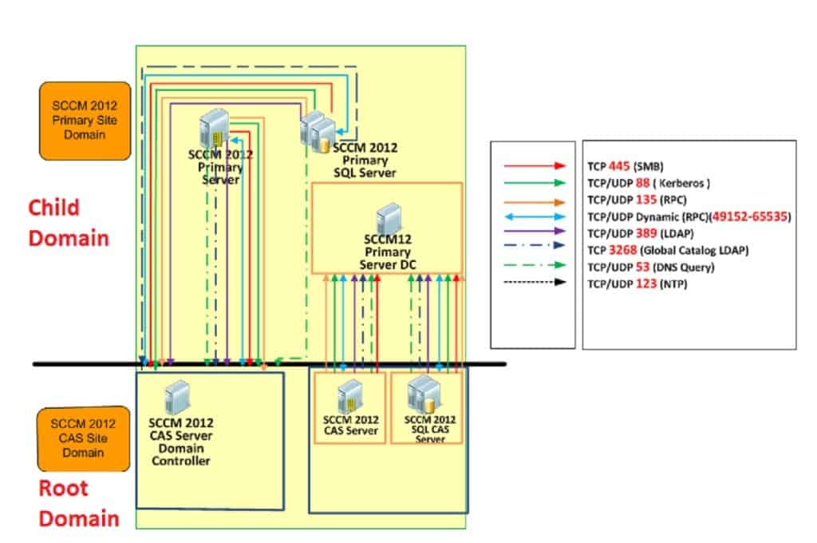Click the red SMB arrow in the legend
533,166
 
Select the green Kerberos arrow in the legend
533,183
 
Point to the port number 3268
625,250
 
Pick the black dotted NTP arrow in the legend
533,283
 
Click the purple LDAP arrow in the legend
533,232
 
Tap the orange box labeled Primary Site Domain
84,121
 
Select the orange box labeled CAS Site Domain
84,438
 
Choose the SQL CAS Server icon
423,394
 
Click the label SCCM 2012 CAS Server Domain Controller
181,442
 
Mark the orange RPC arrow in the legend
533,200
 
